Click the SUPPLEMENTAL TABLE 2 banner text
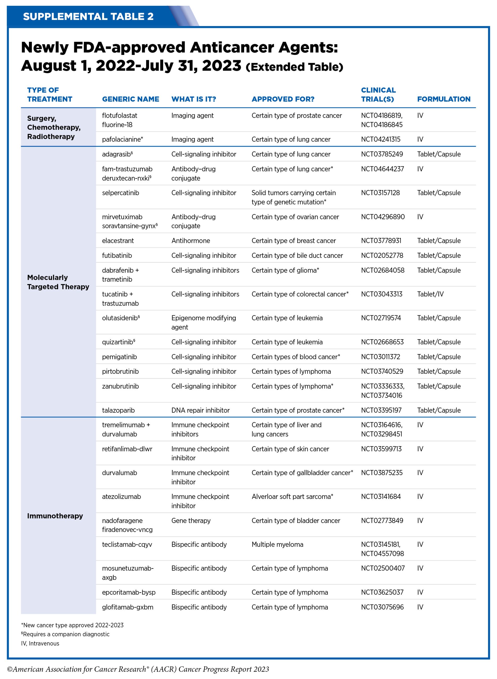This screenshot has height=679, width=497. coord(88,16)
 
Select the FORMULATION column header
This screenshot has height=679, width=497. coord(443,99)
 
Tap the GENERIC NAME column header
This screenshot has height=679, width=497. coord(130,99)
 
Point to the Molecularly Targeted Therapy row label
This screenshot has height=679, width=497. coord(58,282)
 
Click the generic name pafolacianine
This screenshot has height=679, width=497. coord(122,139)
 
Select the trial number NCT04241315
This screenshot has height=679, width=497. coord(380,139)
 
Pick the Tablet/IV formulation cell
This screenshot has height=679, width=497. coord(430,294)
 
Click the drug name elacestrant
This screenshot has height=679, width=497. coord(118,241)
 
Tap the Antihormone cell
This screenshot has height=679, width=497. coord(191,241)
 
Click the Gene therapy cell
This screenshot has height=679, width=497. coord(191,521)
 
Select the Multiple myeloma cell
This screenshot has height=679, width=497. coord(277,544)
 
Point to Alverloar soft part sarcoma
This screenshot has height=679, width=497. coord(292,497)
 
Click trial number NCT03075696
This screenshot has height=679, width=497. coord(382,607)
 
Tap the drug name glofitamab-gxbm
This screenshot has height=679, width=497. coord(127,607)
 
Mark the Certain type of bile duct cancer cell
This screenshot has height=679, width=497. coord(297,255)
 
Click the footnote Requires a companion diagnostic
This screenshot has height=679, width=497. coord(66,634)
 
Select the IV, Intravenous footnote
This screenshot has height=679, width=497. coord(40,643)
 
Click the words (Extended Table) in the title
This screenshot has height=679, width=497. coord(294,67)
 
